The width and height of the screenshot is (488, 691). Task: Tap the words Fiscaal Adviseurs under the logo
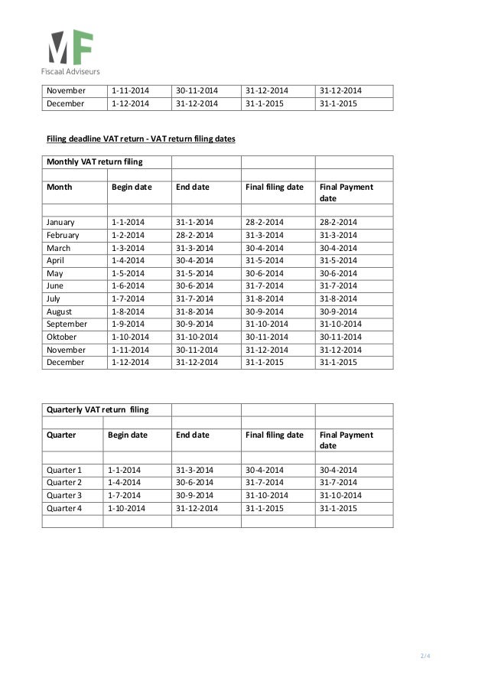click(x=70, y=71)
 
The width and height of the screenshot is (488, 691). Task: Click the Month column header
click(x=60, y=187)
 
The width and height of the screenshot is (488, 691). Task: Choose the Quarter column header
click(x=63, y=435)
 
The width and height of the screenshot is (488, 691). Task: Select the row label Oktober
click(x=64, y=336)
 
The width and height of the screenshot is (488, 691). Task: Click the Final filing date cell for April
click(x=265, y=259)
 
